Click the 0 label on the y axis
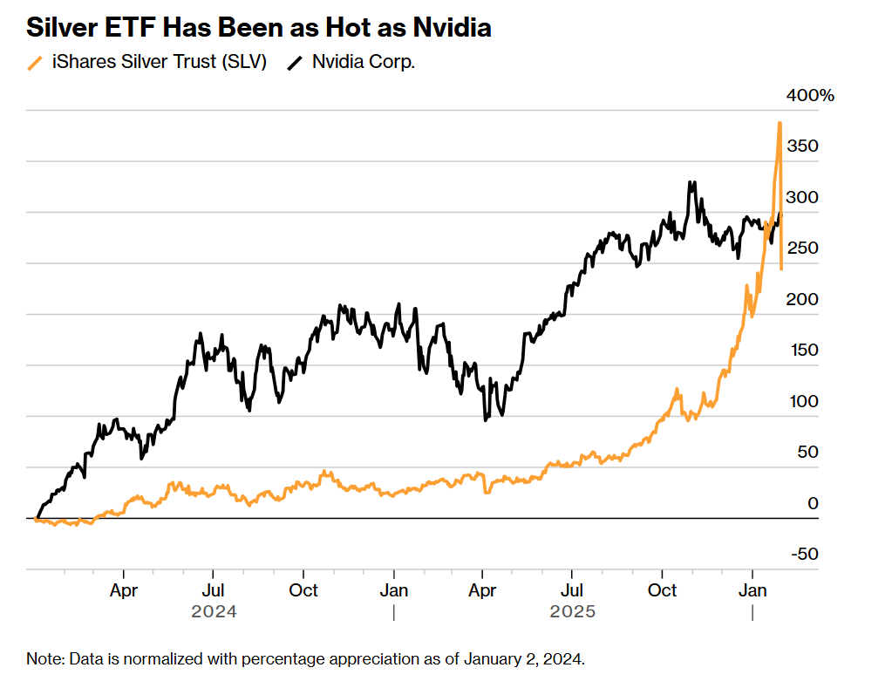pos(814,503)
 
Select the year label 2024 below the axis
pos(214,611)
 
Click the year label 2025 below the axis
pos(572,611)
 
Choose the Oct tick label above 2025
pos(663,590)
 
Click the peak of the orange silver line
pos(780,123)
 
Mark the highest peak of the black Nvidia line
pos(691,183)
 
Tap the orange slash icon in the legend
pos(35,62)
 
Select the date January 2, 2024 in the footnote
pos(521,658)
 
